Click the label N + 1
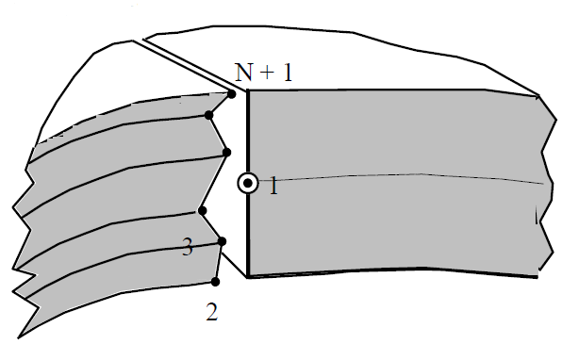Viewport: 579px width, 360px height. pos(264,72)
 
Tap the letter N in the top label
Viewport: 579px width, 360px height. pos(242,72)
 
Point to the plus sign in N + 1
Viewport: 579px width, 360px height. pos(265,73)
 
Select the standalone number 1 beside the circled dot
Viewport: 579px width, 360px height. pos(273,187)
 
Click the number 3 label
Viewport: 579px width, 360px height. pos(187,248)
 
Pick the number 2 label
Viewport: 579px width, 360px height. pos(212,311)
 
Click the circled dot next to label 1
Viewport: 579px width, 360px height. pos(247,184)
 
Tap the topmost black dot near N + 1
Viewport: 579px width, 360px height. pos(231,93)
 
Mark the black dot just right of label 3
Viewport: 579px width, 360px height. pos(222,241)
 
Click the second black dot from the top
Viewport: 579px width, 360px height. pos(209,115)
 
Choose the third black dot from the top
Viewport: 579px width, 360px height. pos(226,152)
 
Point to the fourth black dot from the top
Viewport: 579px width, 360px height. pos(201,210)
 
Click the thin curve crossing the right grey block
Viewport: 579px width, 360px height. pos(405,176)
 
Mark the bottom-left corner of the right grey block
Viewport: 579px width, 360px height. pos(248,277)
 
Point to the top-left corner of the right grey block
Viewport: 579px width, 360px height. pos(248,91)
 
